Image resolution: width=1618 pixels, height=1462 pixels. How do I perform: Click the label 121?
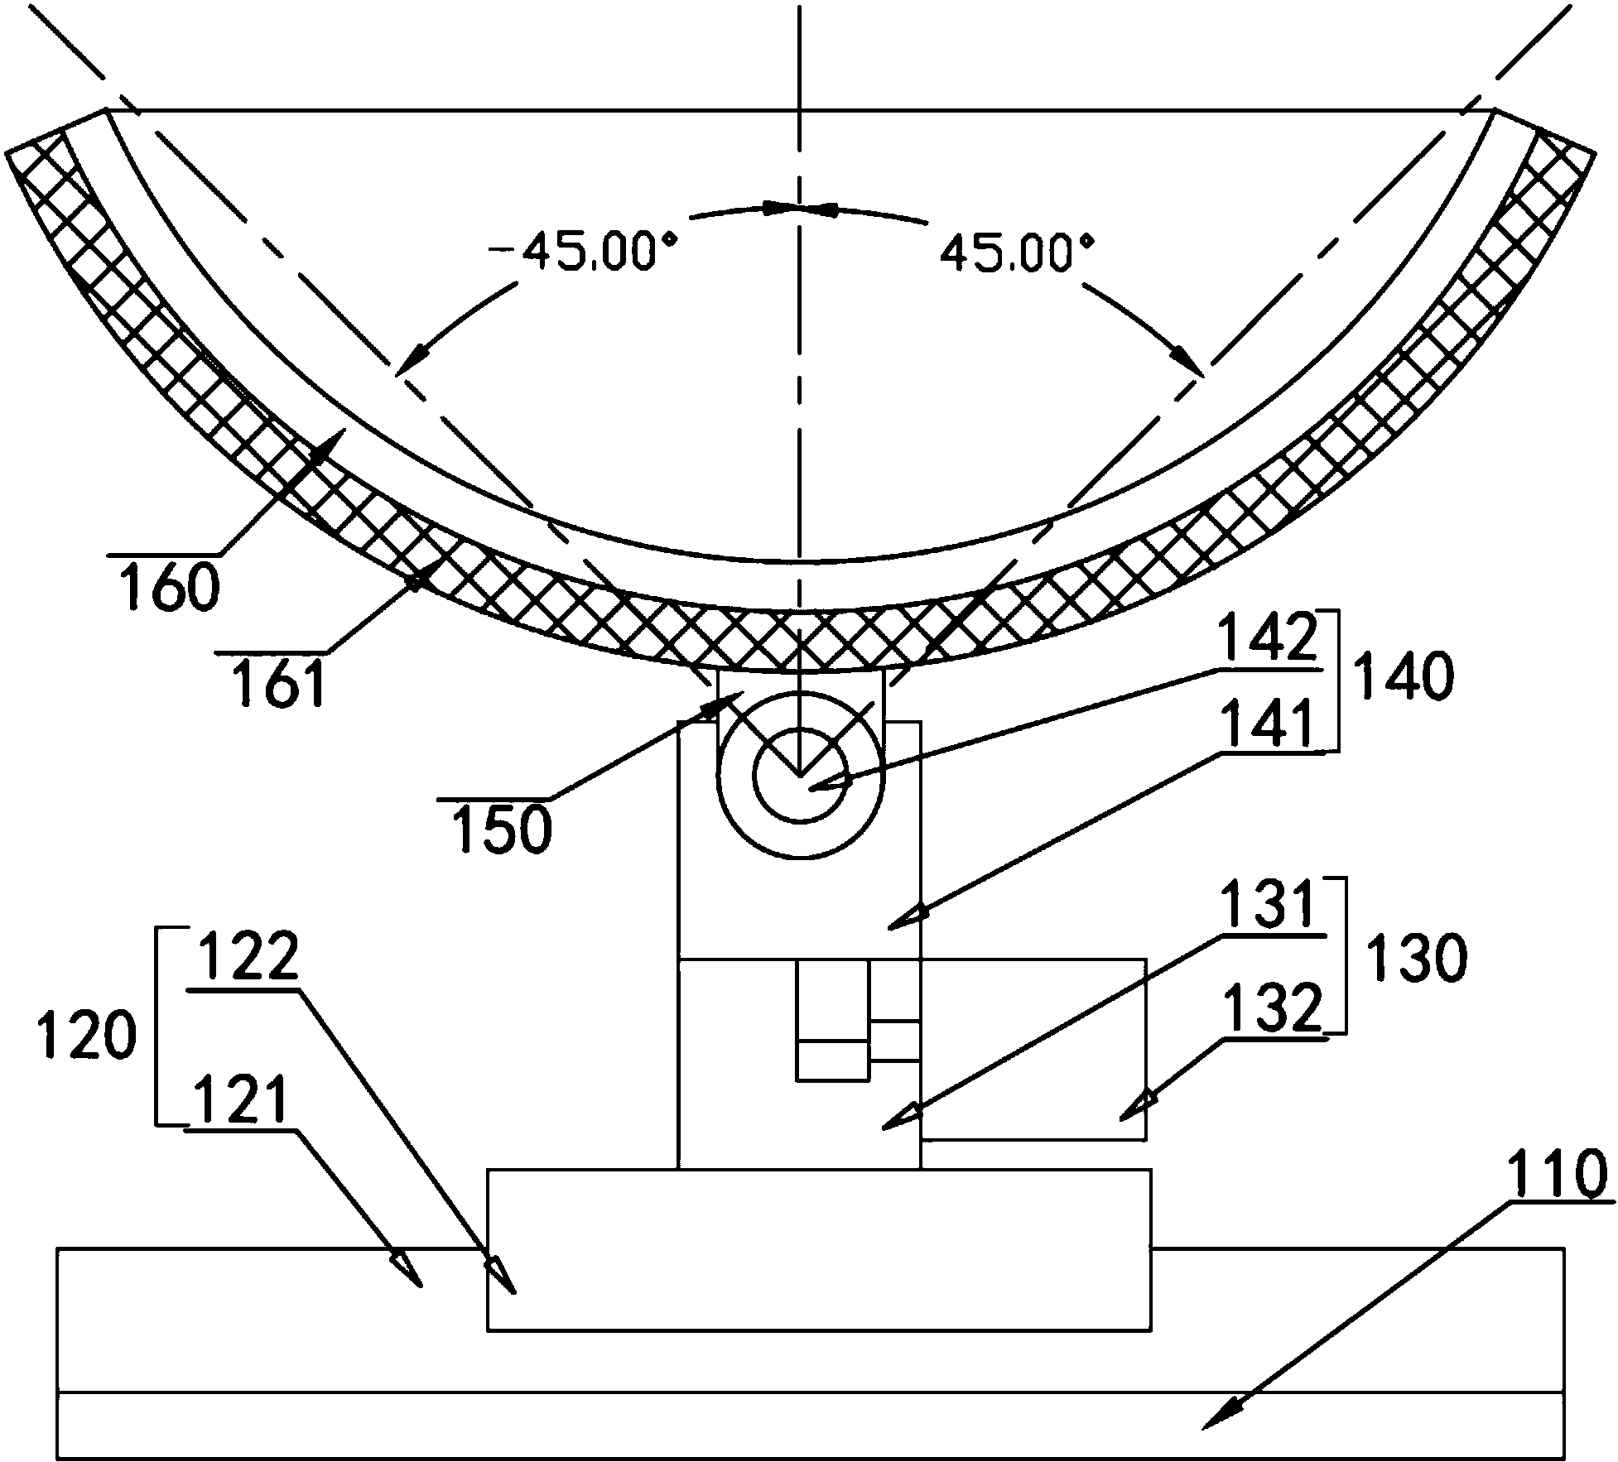click(238, 1099)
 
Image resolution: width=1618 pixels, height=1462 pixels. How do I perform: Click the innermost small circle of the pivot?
click(800, 776)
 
